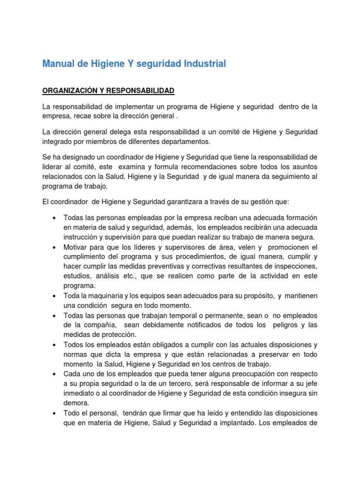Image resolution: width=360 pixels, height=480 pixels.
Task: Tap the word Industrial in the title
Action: pyautogui.click(x=204, y=64)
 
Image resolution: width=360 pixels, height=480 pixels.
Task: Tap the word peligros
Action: pyautogui.click(x=284, y=325)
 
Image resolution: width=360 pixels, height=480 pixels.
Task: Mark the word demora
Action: pyautogui.click(x=75, y=403)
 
